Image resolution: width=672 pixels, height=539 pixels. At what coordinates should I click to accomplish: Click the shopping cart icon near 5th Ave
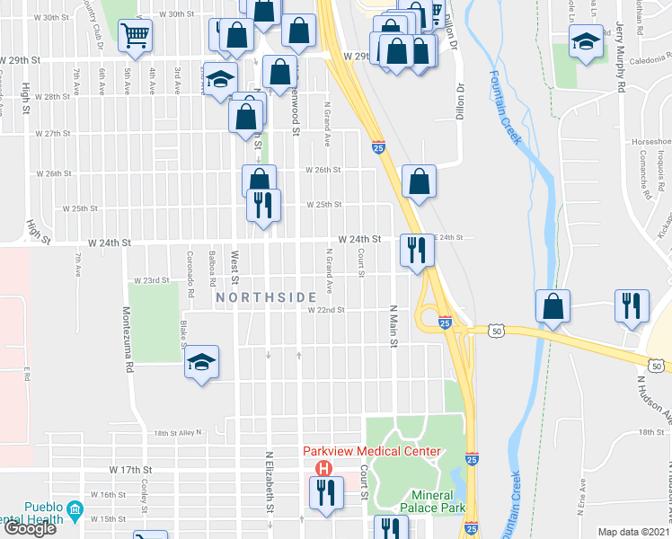135,36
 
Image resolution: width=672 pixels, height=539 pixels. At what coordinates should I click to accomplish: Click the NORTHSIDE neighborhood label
265,297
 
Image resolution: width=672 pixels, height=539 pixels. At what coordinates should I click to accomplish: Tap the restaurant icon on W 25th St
264,206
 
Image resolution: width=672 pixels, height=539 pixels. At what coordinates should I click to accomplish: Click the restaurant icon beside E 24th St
415,249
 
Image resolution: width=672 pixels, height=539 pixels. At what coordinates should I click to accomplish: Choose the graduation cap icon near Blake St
202,362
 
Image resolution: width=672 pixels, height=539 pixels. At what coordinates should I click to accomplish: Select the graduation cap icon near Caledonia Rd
586,41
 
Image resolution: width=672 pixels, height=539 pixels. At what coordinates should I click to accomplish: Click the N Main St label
393,326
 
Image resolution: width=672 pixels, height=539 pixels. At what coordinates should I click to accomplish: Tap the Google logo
30,528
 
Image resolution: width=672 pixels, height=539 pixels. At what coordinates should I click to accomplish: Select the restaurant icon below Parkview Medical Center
325,491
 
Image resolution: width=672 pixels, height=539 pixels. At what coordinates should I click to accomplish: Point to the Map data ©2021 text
633,532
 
